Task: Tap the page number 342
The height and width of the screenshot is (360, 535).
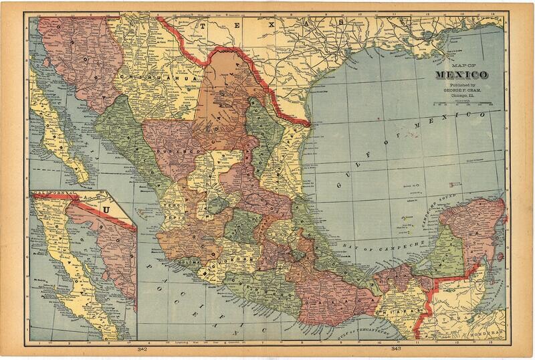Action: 142,349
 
